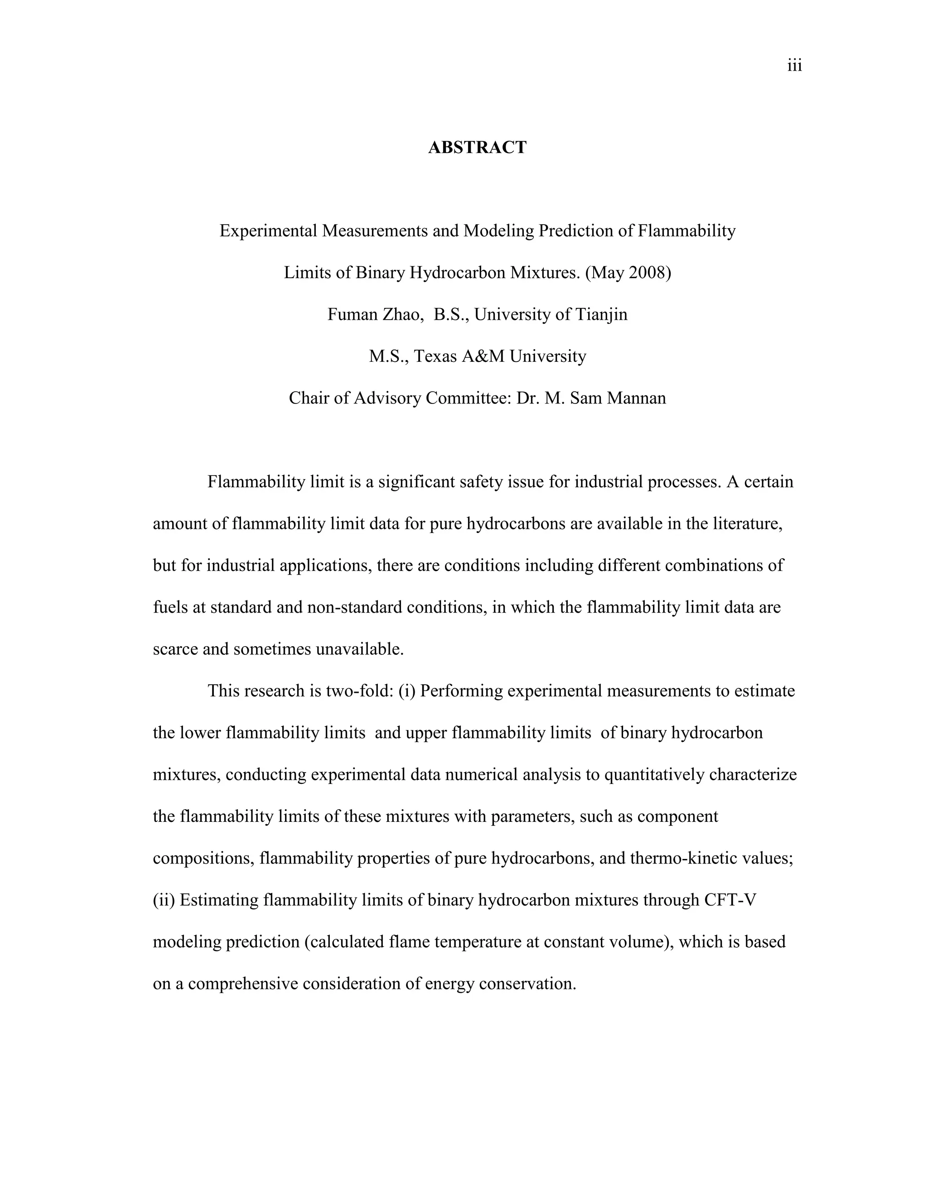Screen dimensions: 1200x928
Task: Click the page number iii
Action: [794, 67]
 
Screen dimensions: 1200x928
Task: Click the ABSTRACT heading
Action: [477, 147]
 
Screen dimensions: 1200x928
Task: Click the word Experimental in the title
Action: [268, 231]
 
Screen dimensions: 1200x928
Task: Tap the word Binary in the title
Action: [380, 273]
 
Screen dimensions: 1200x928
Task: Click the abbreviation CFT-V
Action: [730, 900]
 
